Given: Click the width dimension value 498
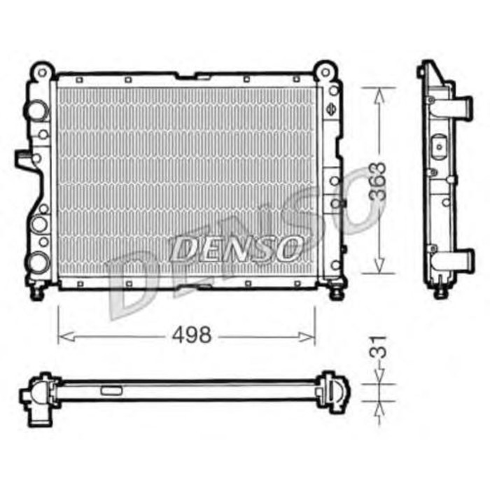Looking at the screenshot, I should pyautogui.click(x=191, y=335).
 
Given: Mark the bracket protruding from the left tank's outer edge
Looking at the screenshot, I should pyautogui.click(x=25, y=159).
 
